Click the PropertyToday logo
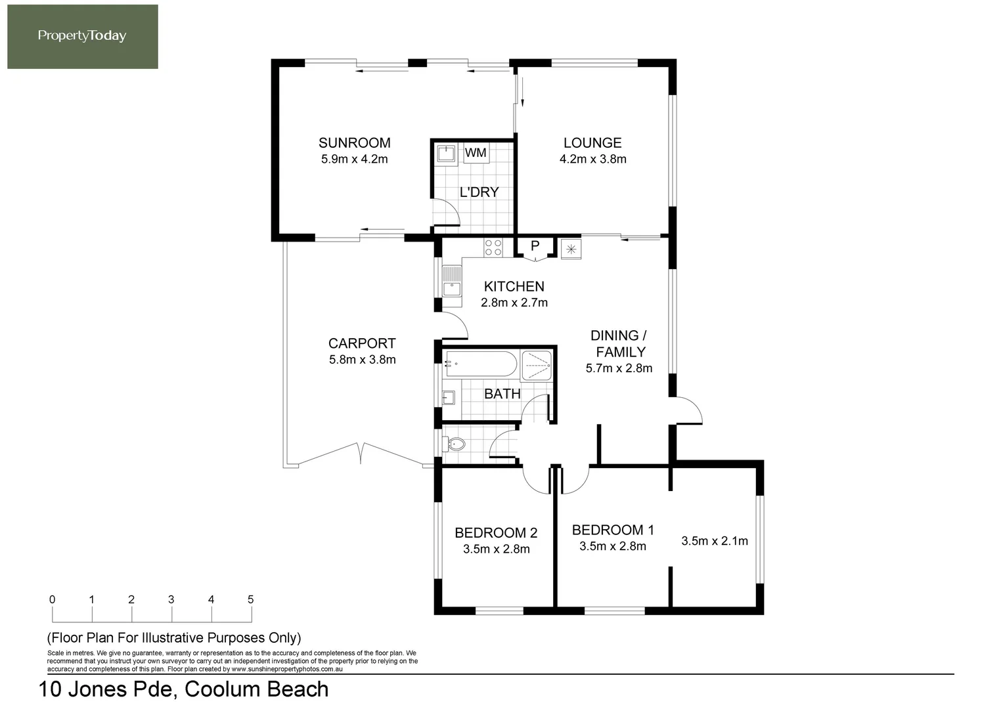(82, 36)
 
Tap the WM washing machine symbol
(476, 153)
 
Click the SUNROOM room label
(354, 143)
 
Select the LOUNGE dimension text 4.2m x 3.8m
(592, 160)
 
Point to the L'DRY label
(479, 192)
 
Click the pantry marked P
(535, 247)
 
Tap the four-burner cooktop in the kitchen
(493, 247)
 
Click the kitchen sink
(451, 280)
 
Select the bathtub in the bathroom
(481, 364)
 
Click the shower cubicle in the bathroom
(537, 366)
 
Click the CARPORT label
(362, 343)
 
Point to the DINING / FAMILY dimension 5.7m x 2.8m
(619, 368)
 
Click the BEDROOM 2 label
(496, 532)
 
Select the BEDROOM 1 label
(613, 530)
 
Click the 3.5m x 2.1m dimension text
(714, 541)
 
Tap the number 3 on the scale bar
(171, 599)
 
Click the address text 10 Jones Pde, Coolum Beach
(184, 689)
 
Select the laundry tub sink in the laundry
(447, 154)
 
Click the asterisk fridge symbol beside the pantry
(571, 249)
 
